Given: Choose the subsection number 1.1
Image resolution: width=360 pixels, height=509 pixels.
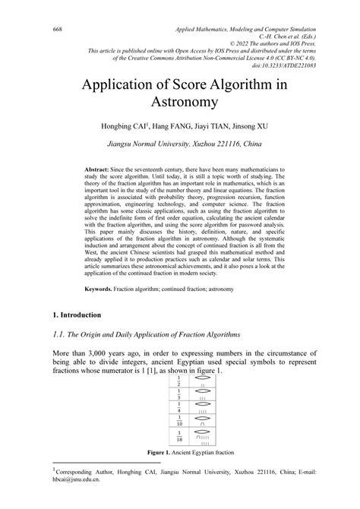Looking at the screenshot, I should click(x=59, y=335).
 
